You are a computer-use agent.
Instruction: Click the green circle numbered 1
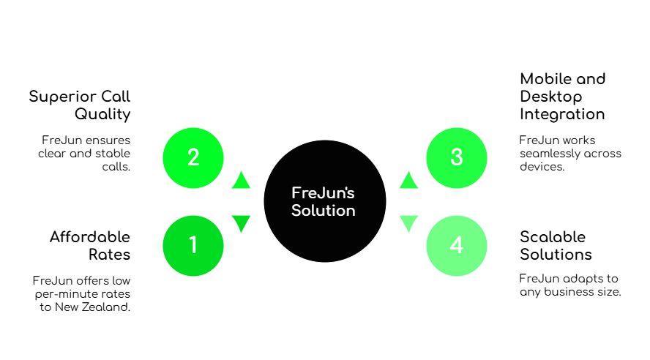coord(193,246)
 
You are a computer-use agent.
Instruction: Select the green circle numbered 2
coord(193,158)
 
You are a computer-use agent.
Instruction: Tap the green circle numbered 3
coord(457,158)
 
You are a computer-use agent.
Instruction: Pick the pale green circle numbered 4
coord(457,246)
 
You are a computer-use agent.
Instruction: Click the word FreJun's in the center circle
coord(323,193)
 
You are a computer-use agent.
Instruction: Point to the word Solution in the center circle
coord(323,211)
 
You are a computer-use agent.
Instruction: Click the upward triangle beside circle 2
coord(241,180)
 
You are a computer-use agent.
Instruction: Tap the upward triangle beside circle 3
coord(409,180)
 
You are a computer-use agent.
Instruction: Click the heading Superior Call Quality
coord(81,105)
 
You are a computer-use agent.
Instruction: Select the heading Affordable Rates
coord(90,245)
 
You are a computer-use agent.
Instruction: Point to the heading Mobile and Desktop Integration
coord(563,97)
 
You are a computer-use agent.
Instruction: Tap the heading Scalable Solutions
coord(556,246)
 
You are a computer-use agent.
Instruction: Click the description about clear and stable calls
coord(85,152)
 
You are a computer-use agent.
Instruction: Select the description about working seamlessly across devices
coord(569,152)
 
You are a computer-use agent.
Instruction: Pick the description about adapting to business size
coord(569,285)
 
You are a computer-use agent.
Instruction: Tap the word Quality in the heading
coord(102,114)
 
